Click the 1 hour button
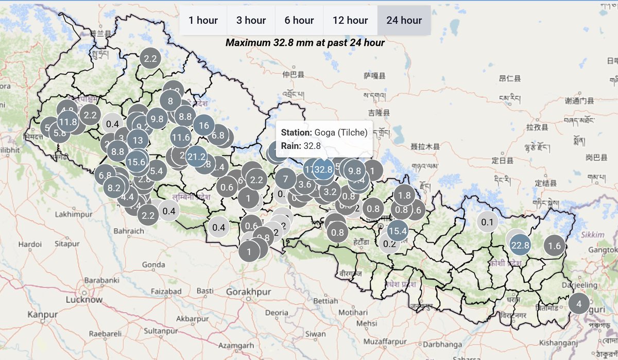coord(203,21)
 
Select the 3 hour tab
coord(251,21)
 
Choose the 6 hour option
coord(299,21)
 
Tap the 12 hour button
coord(350,21)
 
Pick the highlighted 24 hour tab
coord(404,21)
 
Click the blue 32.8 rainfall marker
coord(324,169)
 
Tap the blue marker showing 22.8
coord(520,246)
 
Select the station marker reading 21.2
coord(197,157)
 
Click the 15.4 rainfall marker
coord(398,230)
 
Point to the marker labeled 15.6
coord(136,161)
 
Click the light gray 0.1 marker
coord(487,222)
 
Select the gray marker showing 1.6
coord(555,246)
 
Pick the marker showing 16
coord(204,126)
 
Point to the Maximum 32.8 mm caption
coord(305,43)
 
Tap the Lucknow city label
coord(84,299)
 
